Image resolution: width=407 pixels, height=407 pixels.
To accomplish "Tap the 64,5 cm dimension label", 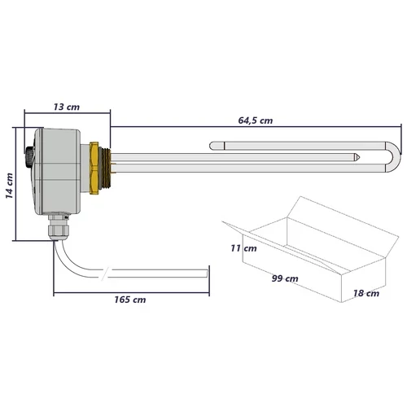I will point(254,120).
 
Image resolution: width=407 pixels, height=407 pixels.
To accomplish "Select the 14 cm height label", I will point(9,186).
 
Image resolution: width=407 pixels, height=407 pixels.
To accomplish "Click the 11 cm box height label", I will point(243,247).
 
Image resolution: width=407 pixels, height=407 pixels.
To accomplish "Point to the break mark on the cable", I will point(102,271).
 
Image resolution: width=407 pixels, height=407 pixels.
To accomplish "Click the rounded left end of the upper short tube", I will point(213,147).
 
